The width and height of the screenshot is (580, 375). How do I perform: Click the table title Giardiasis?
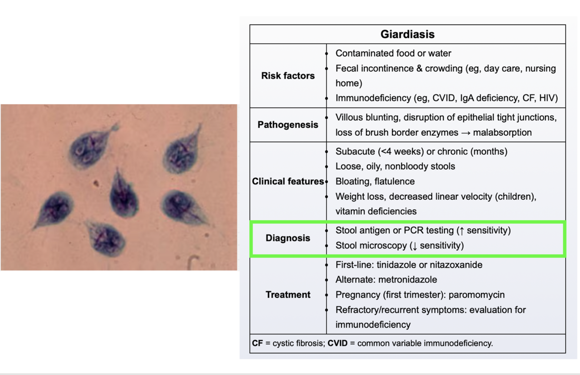click(x=407, y=34)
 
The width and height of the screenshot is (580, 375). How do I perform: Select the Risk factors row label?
click(x=288, y=76)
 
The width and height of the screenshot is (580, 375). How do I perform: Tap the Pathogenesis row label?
click(x=288, y=125)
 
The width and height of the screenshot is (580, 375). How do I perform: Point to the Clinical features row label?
click(x=288, y=181)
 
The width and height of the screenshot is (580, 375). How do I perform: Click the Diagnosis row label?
click(x=288, y=238)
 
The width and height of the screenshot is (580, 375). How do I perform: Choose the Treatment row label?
click(x=288, y=295)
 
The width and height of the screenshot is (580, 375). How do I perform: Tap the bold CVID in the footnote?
click(x=337, y=343)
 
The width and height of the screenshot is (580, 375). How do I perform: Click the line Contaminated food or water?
click(x=393, y=54)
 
